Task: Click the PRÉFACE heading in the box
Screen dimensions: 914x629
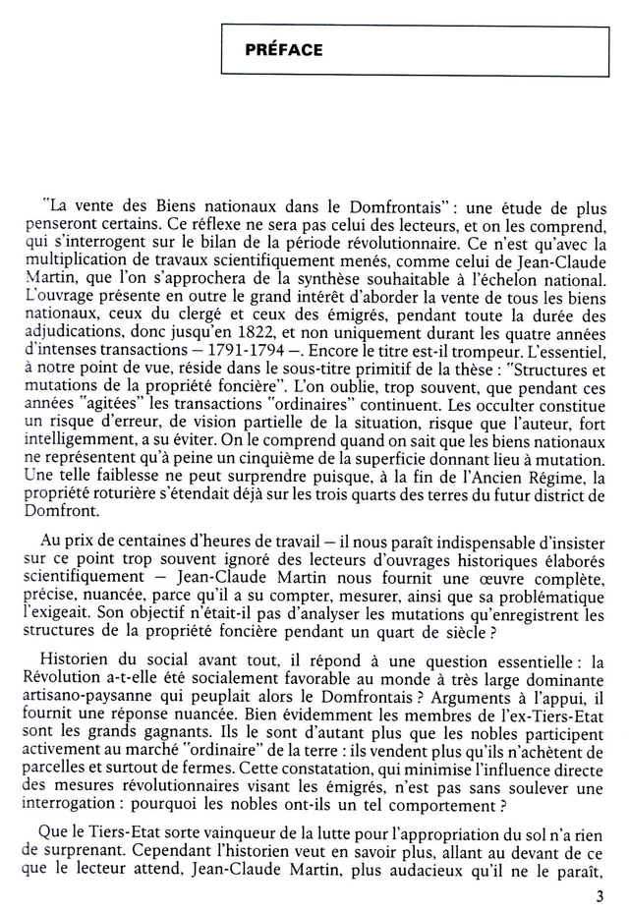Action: (x=284, y=50)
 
